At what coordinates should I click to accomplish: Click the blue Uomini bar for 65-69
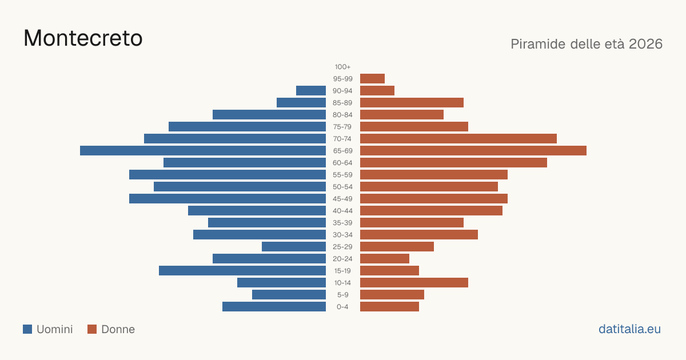pyautogui.click(x=203, y=151)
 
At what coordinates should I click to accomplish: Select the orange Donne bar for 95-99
pyautogui.click(x=372, y=79)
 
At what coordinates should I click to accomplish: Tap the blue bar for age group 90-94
pyautogui.click(x=311, y=91)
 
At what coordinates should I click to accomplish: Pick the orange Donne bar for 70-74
pyautogui.click(x=458, y=139)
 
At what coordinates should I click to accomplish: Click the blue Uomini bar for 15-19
pyautogui.click(x=242, y=271)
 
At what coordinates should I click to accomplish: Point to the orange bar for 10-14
pyautogui.click(x=414, y=282)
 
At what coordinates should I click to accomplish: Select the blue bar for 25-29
pyautogui.click(x=294, y=247)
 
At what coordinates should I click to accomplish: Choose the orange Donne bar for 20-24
pyautogui.click(x=385, y=259)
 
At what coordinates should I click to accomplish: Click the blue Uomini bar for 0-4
pyautogui.click(x=274, y=307)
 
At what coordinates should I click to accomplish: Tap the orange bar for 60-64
pyautogui.click(x=453, y=162)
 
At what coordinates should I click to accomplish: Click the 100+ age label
pyautogui.click(x=342, y=67)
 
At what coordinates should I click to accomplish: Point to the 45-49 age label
pyautogui.click(x=342, y=199)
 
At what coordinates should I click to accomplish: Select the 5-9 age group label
pyautogui.click(x=342, y=295)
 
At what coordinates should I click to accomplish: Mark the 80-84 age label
pyautogui.click(x=342, y=115)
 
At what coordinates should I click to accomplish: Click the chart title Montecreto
pyautogui.click(x=83, y=38)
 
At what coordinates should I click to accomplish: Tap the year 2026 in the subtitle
pyautogui.click(x=645, y=44)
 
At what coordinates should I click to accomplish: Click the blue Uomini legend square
pyautogui.click(x=27, y=329)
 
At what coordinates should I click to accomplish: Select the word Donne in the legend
pyautogui.click(x=118, y=329)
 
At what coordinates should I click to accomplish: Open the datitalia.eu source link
pyautogui.click(x=629, y=329)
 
